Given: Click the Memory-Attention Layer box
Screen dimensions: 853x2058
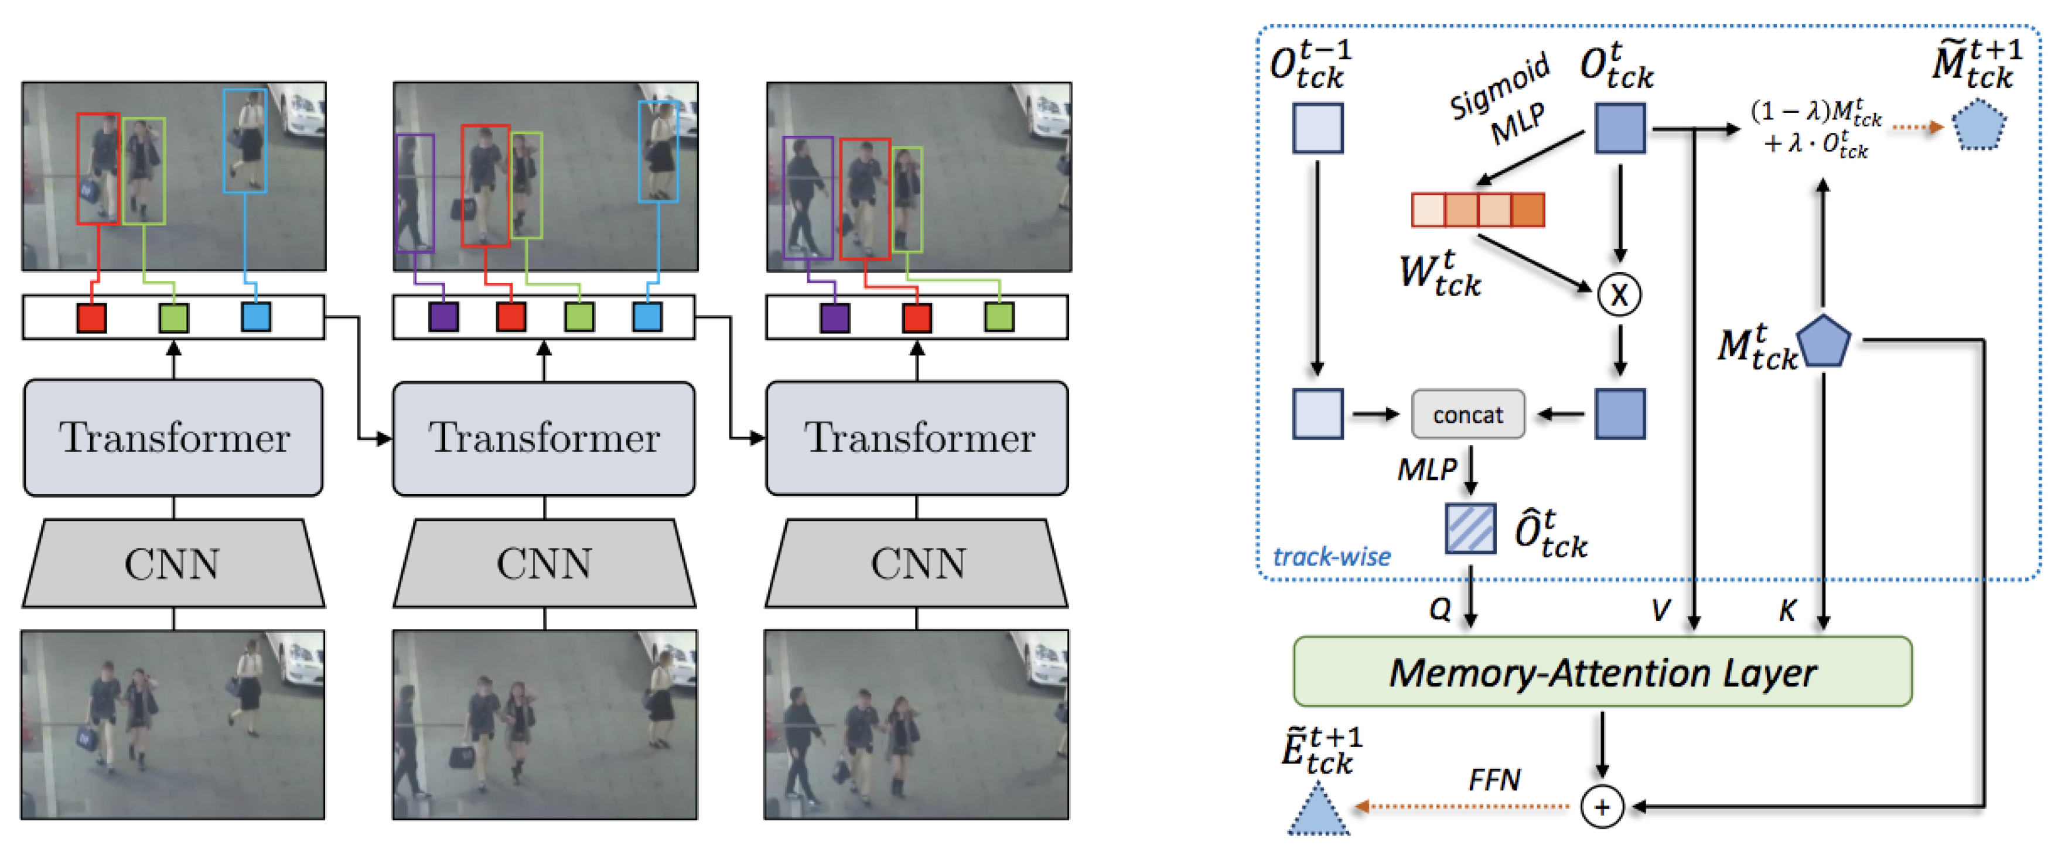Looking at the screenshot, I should point(1601,671).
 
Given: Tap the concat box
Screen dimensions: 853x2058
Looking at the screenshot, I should point(1467,414).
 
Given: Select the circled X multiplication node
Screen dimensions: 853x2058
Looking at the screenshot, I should point(1619,294).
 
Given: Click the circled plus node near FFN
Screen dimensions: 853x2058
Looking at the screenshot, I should point(1601,807).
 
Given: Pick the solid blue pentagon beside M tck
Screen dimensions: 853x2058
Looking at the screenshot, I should point(1823,342).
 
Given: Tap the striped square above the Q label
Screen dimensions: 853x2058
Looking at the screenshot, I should point(1470,528).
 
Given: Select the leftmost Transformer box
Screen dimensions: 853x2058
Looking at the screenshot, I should point(173,438).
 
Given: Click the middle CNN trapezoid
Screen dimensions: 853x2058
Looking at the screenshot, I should point(545,564).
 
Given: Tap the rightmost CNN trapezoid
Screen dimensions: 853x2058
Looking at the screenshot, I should point(917,564).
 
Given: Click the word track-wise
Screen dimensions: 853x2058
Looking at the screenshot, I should point(1331,556).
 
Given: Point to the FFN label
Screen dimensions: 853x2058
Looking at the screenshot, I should point(1494,779).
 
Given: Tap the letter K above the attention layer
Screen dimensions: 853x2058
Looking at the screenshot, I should point(1787,611).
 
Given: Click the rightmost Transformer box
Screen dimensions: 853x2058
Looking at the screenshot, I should point(917,438).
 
